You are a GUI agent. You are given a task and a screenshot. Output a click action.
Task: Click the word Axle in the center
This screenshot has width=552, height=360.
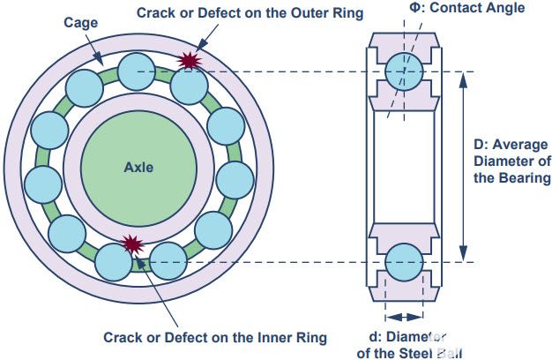click(x=138, y=166)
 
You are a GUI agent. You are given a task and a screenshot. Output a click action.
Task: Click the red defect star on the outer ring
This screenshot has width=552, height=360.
click(x=188, y=60)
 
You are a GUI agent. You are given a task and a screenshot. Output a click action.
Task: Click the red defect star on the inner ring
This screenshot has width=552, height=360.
click(x=133, y=244)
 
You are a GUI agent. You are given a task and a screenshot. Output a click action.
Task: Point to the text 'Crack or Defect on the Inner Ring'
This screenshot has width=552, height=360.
click(x=215, y=337)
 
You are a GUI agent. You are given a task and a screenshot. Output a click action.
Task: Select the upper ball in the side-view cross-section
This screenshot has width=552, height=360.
click(x=403, y=71)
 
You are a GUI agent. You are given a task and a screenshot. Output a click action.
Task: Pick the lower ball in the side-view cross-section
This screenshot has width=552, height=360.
click(x=403, y=262)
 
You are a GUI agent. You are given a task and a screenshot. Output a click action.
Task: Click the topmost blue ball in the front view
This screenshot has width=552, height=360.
click(x=137, y=70)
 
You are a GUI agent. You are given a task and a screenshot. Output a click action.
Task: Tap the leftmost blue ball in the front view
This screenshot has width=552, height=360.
click(x=42, y=184)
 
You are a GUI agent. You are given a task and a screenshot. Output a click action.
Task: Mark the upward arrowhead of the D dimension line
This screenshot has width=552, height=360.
click(x=465, y=77)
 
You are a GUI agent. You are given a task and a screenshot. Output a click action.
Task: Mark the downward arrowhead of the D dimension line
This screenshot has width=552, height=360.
click(x=465, y=257)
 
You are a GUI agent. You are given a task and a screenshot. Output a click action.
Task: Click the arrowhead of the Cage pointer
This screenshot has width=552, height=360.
click(x=102, y=62)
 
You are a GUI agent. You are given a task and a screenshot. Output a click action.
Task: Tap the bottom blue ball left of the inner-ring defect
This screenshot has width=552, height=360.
click(x=114, y=260)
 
